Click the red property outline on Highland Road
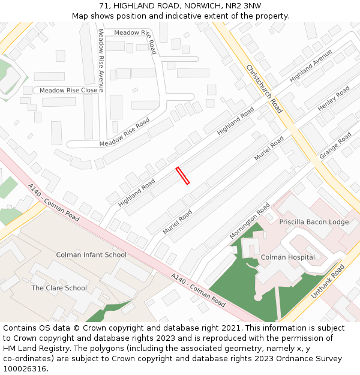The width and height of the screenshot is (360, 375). pos(182,176)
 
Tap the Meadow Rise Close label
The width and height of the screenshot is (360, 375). pos(68,91)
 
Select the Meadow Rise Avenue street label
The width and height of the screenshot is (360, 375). pos(101,61)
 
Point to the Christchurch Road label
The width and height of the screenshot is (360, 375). pos(265,89)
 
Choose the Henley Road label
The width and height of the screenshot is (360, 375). pos(333,98)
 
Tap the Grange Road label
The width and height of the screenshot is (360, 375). pos(335,146)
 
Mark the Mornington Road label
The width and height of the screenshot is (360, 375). pos(250,221)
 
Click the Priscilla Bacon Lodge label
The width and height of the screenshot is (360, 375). pos(314,222)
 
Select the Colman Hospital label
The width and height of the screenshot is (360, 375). pos(287,257)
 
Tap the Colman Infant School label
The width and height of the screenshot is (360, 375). pos(91,255)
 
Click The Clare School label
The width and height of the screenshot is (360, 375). pos(59,288)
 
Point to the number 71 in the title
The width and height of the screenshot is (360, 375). pos(104,5)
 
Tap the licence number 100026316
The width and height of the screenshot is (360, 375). pos(25,369)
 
